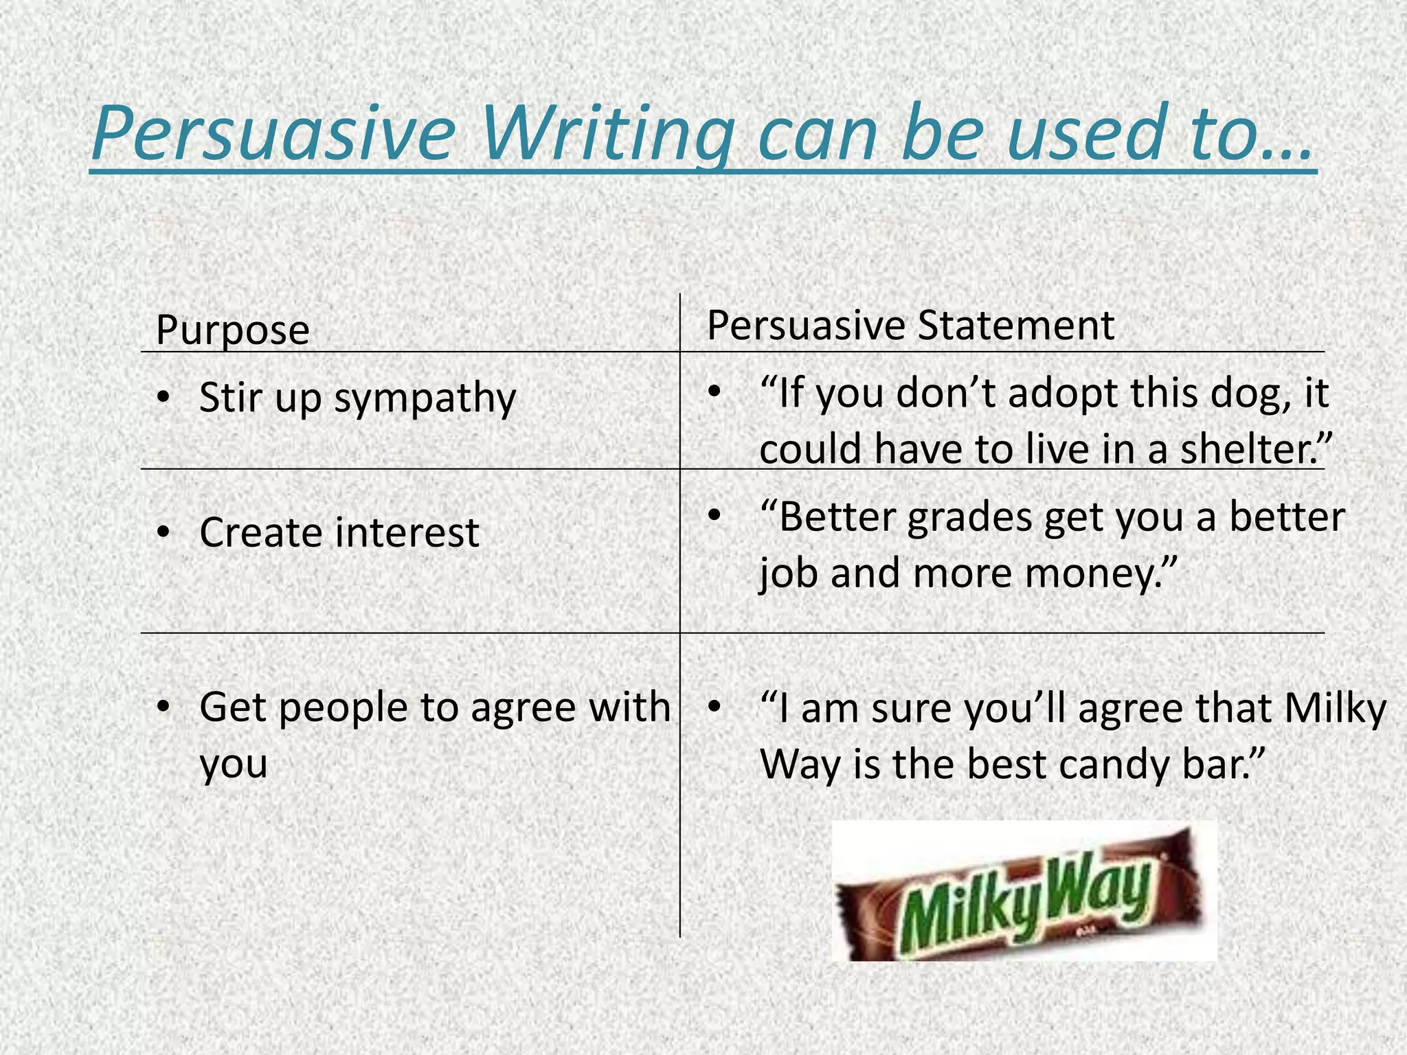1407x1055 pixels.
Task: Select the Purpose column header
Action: [x=232, y=330]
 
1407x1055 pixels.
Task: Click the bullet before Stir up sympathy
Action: [x=162, y=397]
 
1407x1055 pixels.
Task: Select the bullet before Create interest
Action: [x=162, y=532]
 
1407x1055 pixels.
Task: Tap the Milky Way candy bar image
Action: [x=1024, y=891]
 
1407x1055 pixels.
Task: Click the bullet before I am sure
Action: [x=714, y=706]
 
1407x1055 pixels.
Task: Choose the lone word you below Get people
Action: [x=233, y=765]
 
